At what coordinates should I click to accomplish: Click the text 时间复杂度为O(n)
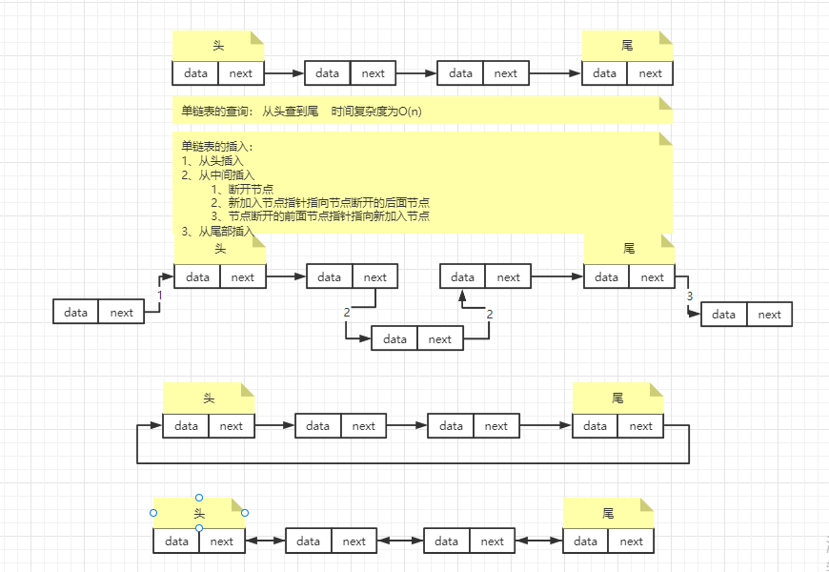(376, 112)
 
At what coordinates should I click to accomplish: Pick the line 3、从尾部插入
(218, 231)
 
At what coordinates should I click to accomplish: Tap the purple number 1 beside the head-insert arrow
(160, 296)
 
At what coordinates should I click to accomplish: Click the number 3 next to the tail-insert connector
(689, 296)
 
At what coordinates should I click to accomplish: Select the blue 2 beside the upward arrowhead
(490, 314)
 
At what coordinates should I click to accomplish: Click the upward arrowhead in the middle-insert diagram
(463, 296)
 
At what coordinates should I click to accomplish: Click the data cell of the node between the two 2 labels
(394, 339)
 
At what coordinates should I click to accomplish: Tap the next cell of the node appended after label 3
(769, 315)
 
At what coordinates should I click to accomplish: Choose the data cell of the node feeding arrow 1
(75, 312)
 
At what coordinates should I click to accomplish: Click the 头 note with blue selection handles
(199, 513)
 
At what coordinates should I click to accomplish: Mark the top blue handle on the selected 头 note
(199, 498)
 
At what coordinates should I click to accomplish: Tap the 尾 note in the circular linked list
(617, 398)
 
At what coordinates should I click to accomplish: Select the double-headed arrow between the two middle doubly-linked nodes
(400, 541)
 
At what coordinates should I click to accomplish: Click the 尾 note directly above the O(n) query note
(627, 45)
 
